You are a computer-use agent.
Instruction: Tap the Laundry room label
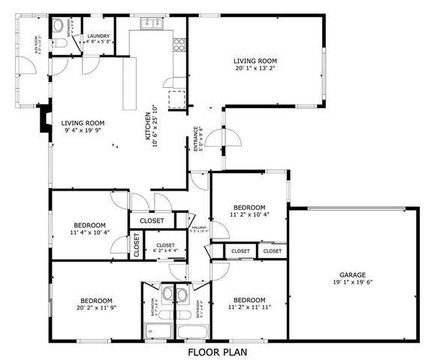coord(98,36)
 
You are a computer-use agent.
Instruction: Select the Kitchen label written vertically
coord(148,125)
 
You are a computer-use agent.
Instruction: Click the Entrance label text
coord(196,139)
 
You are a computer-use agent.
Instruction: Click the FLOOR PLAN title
coord(217,350)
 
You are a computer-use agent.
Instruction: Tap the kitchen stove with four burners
coord(179,44)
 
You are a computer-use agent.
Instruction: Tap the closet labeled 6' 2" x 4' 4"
coord(165,249)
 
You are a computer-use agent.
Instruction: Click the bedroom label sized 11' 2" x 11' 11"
coord(249,303)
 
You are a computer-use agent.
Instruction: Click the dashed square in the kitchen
coord(177,99)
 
